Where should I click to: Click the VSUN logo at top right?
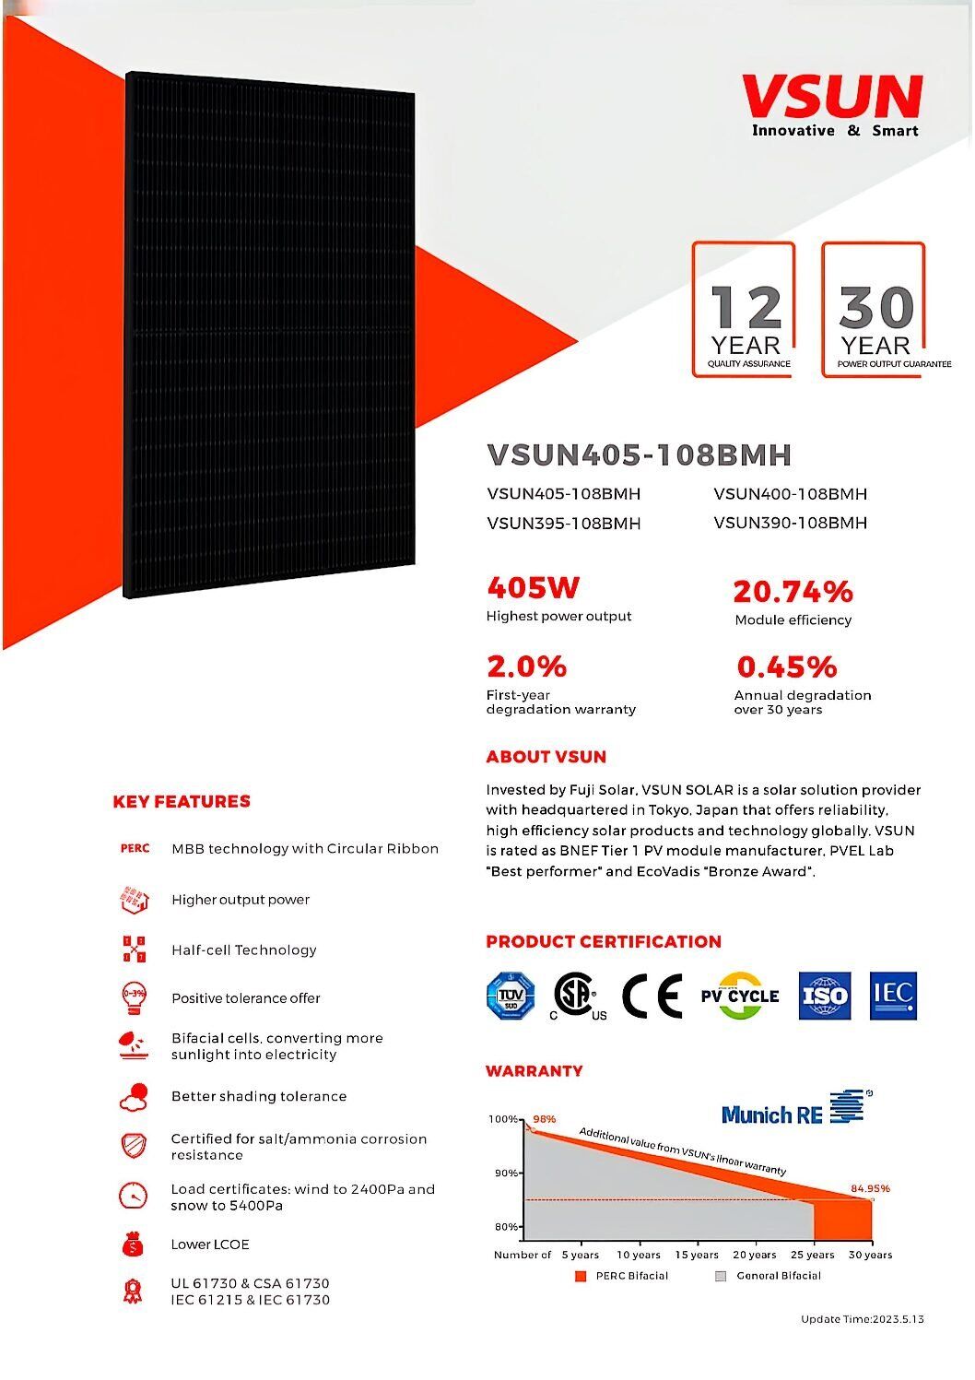(832, 103)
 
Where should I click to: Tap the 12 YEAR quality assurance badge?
(745, 311)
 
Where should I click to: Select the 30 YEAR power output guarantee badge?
(875, 311)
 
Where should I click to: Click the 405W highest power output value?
(533, 587)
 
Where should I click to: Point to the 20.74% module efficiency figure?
(793, 591)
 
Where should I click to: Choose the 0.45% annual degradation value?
(786, 666)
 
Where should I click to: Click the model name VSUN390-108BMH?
(790, 523)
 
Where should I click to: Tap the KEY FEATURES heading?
(182, 801)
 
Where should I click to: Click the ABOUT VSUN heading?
(546, 757)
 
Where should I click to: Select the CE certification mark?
(652, 996)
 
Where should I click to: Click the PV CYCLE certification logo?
(739, 996)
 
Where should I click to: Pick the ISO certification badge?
(823, 996)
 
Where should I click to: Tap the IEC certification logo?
(893, 995)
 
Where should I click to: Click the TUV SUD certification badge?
(511, 996)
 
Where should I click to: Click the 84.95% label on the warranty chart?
(870, 1188)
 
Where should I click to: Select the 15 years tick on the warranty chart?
(696, 1255)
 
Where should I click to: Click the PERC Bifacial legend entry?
(622, 1276)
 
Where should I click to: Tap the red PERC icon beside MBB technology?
(135, 848)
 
